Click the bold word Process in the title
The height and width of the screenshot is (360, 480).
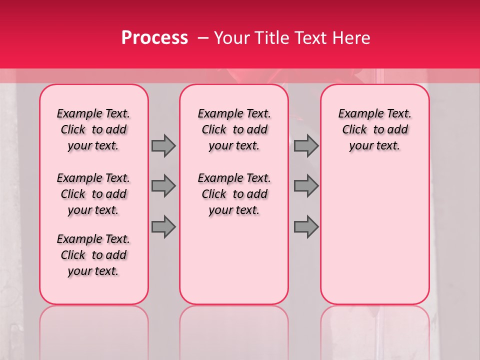coord(154,38)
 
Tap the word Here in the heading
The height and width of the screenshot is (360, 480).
coord(351,38)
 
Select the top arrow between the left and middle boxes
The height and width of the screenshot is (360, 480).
coord(163,145)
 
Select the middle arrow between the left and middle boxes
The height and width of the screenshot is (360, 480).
coord(163,186)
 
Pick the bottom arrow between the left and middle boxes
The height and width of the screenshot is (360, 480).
coord(163,227)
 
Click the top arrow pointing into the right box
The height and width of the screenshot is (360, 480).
coord(306,145)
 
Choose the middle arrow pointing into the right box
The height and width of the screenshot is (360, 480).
coord(306,186)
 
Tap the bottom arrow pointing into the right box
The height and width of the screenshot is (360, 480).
coord(306,227)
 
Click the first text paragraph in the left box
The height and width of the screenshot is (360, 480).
coord(93,129)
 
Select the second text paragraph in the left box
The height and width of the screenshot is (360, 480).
coord(93,194)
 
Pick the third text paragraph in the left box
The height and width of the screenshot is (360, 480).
coord(93,255)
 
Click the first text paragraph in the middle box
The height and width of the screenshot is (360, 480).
coord(234,129)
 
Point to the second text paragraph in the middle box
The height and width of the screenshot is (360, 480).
coord(234,194)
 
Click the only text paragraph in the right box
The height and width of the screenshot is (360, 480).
coord(375,129)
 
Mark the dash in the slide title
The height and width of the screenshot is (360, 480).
coord(203,38)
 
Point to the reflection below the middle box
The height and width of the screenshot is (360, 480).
coord(234,325)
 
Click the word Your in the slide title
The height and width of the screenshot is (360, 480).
coord(229,38)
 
